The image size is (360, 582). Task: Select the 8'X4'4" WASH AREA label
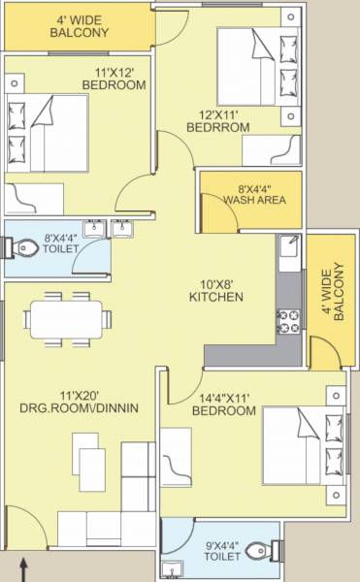click(x=251, y=194)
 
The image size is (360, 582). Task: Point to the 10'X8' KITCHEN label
click(x=214, y=288)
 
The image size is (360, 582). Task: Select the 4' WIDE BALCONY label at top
click(x=79, y=25)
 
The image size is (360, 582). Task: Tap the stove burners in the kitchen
click(x=288, y=319)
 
